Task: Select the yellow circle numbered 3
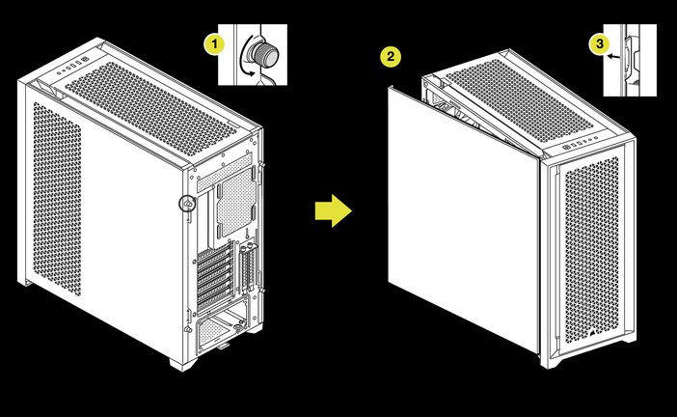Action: point(599,42)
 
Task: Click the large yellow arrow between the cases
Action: point(333,210)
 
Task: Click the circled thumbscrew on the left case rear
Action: point(188,204)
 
